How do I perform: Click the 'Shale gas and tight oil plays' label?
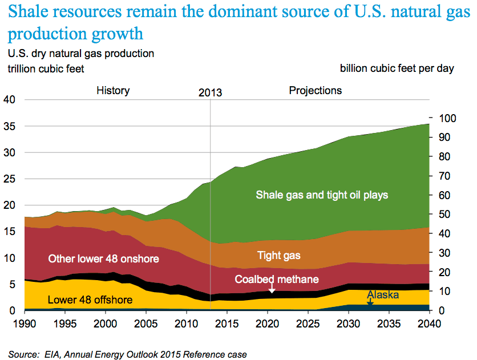(322, 195)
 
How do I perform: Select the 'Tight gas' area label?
(278, 255)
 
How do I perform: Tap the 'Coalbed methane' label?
(277, 280)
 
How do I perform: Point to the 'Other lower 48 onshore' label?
(103, 259)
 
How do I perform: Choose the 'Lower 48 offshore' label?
(90, 300)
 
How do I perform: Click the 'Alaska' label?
(382, 295)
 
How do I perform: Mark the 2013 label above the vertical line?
(210, 92)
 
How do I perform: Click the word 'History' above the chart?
(113, 91)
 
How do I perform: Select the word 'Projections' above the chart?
(316, 91)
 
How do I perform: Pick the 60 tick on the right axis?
(442, 195)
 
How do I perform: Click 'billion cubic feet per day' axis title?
(397, 68)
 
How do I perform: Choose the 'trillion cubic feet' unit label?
(46, 68)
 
